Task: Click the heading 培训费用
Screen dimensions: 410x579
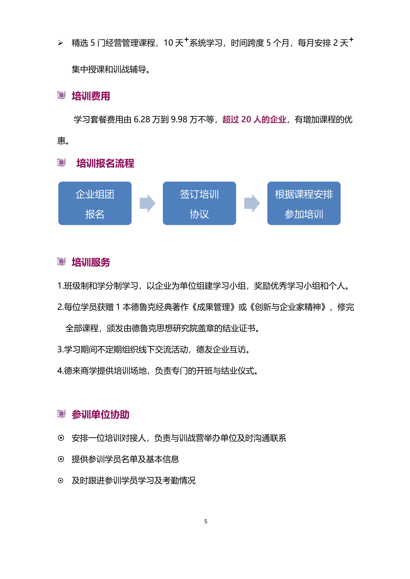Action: pos(91,96)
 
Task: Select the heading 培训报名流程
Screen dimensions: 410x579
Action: pos(105,163)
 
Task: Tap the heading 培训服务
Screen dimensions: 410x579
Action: pos(91,262)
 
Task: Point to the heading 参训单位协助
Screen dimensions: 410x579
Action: pos(100,415)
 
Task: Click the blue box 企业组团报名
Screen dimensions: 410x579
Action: pos(95,203)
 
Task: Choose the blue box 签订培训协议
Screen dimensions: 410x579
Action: pos(199,203)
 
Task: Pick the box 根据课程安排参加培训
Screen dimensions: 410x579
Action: pos(304,203)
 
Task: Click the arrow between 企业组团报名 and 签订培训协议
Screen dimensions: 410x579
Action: pos(147,203)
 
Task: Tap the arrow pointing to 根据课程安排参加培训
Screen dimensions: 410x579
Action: pos(252,203)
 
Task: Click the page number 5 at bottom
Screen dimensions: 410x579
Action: pos(206,522)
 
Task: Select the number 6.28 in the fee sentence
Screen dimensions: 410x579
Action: pos(142,119)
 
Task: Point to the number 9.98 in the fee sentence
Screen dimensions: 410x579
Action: pos(179,119)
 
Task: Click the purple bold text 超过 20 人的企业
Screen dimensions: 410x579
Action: pos(254,119)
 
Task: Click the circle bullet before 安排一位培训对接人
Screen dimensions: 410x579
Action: pos(61,438)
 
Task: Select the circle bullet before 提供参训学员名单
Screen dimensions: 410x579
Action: pos(61,459)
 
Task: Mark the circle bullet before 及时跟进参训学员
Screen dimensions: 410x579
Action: pos(61,480)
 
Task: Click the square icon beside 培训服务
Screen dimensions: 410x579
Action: pos(61,261)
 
